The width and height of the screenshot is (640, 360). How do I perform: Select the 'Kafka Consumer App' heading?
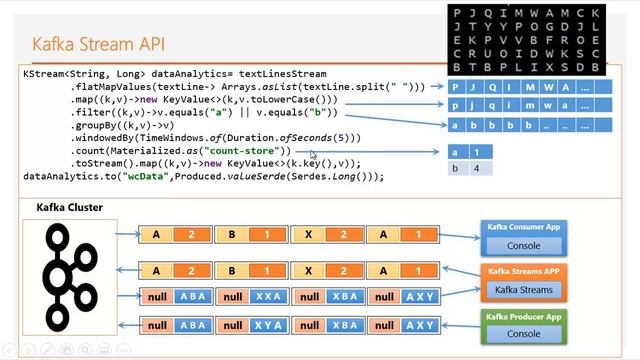[x=524, y=228]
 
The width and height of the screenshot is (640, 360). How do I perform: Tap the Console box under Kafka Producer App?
[x=524, y=334]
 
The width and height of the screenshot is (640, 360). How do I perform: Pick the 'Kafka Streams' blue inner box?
[x=524, y=290]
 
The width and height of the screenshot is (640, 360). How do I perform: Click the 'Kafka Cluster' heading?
[x=69, y=208]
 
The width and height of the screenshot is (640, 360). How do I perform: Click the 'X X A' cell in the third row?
[x=267, y=297]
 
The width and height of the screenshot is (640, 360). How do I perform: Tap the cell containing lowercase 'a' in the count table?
[x=457, y=152]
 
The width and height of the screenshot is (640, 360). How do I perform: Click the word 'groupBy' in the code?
[x=95, y=126]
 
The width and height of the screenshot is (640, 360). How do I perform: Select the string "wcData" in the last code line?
[x=140, y=176]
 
